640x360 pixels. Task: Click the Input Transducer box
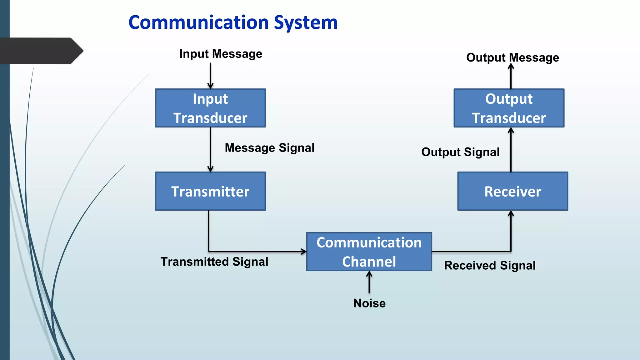click(210, 108)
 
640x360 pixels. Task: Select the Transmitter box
click(210, 191)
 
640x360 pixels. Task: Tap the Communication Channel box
click(369, 252)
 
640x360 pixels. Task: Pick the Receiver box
click(512, 191)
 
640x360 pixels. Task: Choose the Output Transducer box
click(509, 108)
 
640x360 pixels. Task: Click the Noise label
click(369, 303)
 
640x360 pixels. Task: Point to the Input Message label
click(221, 54)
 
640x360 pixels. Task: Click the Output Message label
click(512, 58)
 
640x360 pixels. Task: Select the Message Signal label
click(269, 148)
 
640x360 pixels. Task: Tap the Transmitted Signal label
click(214, 262)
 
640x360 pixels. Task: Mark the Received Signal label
click(490, 266)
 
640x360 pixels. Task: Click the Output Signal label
click(460, 152)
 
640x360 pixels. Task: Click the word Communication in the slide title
click(199, 22)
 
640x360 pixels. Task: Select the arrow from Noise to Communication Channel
click(369, 282)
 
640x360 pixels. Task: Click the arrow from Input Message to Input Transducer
click(210, 76)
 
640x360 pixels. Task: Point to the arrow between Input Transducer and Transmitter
click(210, 149)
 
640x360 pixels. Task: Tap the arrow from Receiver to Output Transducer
click(511, 149)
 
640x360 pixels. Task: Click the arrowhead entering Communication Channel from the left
click(303, 251)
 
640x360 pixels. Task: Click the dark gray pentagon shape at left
click(41, 51)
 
